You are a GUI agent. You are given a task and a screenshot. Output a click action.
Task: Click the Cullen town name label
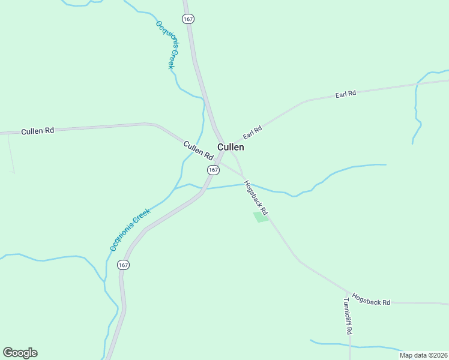[231, 147]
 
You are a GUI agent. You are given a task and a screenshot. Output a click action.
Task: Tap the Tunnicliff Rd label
[348, 316]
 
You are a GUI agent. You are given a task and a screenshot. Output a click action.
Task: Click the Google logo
[20, 353]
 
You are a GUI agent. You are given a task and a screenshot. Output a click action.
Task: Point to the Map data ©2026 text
[424, 355]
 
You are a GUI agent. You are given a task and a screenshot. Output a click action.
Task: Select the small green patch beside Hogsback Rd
[261, 217]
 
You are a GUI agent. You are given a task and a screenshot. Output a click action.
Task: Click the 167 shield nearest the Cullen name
[213, 170]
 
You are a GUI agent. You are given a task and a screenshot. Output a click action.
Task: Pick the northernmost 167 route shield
[188, 19]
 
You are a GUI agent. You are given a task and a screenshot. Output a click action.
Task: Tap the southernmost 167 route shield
[123, 265]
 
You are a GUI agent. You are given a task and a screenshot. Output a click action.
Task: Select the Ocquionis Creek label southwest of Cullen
[129, 230]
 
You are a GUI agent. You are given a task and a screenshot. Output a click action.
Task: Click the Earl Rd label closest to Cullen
[253, 131]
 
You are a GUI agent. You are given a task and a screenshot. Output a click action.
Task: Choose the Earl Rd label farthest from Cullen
[346, 94]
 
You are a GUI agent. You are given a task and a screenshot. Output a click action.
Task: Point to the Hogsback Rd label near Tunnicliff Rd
[371, 299]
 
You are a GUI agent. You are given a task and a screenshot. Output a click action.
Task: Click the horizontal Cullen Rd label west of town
[37, 131]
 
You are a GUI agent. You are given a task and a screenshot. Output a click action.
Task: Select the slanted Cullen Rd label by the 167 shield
[198, 150]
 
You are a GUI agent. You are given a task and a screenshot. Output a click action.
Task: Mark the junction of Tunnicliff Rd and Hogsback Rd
[349, 293]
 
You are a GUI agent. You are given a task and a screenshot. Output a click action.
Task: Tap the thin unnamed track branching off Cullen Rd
[10, 153]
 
